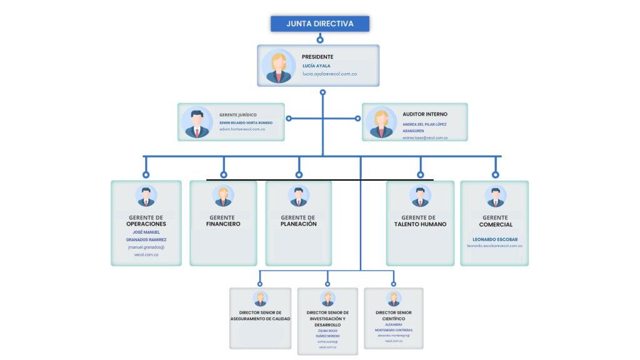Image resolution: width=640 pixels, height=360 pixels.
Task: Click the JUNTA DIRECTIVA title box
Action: pyautogui.click(x=320, y=24)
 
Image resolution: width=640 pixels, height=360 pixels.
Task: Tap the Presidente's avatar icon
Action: pyautogui.click(x=279, y=66)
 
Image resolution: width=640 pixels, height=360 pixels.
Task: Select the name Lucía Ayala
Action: pyautogui.click(x=316, y=66)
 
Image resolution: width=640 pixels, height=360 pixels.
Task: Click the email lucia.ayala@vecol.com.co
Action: pyautogui.click(x=329, y=74)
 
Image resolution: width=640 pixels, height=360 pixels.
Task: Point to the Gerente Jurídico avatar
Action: pyautogui.click(x=197, y=122)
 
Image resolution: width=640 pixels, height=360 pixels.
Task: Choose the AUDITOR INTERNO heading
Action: pyautogui.click(x=425, y=114)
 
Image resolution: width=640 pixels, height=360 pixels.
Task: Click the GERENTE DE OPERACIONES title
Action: pyautogui.click(x=146, y=221)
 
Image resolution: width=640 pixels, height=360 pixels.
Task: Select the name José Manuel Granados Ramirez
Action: pyautogui.click(x=146, y=236)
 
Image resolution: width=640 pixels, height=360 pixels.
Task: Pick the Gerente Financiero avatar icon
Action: pyautogui.click(x=223, y=196)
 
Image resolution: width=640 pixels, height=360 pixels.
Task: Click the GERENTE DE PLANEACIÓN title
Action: pyautogui.click(x=299, y=221)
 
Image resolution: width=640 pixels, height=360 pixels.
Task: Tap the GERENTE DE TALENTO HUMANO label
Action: pyautogui.click(x=420, y=221)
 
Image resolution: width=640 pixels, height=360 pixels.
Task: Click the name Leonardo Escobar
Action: pyautogui.click(x=495, y=239)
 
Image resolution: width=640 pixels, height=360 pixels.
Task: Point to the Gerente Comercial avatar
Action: pyautogui.click(x=495, y=196)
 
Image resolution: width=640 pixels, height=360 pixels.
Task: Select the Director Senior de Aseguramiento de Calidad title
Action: pyautogui.click(x=260, y=316)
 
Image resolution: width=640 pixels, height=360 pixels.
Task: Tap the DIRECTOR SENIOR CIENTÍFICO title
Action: pyautogui.click(x=394, y=316)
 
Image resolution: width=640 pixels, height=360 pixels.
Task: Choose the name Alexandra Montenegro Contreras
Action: pyautogui.click(x=394, y=327)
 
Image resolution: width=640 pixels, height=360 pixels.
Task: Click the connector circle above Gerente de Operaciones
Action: pyautogui.click(x=146, y=175)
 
